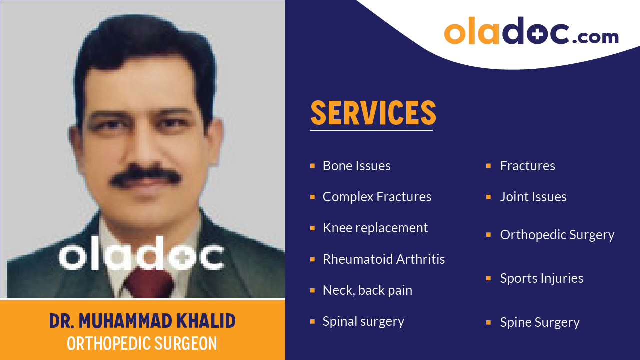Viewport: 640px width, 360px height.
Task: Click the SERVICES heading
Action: (373, 113)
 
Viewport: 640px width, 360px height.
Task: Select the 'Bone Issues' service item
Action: (356, 166)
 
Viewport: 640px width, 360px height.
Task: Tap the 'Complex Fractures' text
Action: (377, 197)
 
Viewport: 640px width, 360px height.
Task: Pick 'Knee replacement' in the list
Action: (375, 228)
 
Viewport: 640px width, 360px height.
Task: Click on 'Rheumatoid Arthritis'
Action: (383, 259)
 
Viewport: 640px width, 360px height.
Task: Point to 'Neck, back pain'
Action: (367, 290)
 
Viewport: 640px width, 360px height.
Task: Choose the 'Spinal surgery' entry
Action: (363, 321)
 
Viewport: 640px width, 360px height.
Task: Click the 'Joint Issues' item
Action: (533, 197)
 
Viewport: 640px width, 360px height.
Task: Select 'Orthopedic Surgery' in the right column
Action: (557, 235)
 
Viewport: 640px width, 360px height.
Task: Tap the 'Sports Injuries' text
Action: (541, 278)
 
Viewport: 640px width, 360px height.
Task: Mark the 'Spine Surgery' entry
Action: (540, 322)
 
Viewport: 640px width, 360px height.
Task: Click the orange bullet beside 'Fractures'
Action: (488, 166)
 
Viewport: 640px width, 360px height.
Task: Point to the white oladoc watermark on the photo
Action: (141, 256)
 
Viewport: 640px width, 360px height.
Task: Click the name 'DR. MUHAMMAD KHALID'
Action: (142, 321)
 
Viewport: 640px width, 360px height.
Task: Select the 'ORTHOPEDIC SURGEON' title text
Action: (142, 343)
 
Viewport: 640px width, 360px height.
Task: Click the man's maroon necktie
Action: (148, 282)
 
